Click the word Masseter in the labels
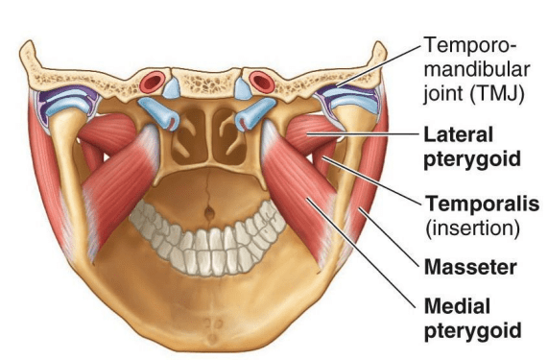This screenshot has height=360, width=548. coord(470,268)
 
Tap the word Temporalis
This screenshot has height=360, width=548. coord(483,204)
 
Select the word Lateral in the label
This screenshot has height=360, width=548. coord(458,134)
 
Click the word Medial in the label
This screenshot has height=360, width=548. coord(457,306)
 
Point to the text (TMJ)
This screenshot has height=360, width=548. coord(497,93)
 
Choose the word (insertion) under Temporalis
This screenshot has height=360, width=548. coord(472,228)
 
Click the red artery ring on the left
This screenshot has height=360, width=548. coord(152,82)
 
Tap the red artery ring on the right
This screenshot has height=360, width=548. coord(262,83)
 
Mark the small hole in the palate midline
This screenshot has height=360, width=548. coord(209,211)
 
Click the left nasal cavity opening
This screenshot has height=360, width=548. coord(190,136)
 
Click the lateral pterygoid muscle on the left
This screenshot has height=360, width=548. coord(108,134)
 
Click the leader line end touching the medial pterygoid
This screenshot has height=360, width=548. coord(307,199)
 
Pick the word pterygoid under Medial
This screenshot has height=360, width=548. coord(472,330)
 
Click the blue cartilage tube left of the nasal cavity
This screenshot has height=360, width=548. coord(159,112)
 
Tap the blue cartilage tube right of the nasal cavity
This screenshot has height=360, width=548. coord(255,112)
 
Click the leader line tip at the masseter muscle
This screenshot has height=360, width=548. coord(360,208)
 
